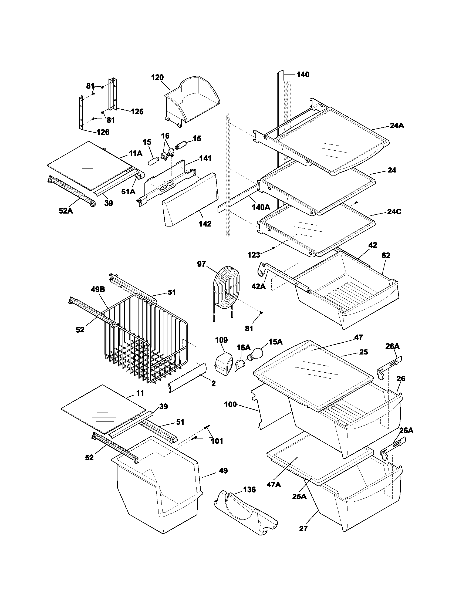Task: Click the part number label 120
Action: click(x=157, y=77)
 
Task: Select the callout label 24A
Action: click(x=397, y=126)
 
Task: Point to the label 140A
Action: click(x=261, y=207)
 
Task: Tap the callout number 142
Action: click(x=205, y=224)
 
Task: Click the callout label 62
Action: click(x=386, y=255)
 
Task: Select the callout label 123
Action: click(x=254, y=255)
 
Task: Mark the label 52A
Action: click(x=66, y=211)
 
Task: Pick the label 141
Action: click(x=205, y=158)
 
